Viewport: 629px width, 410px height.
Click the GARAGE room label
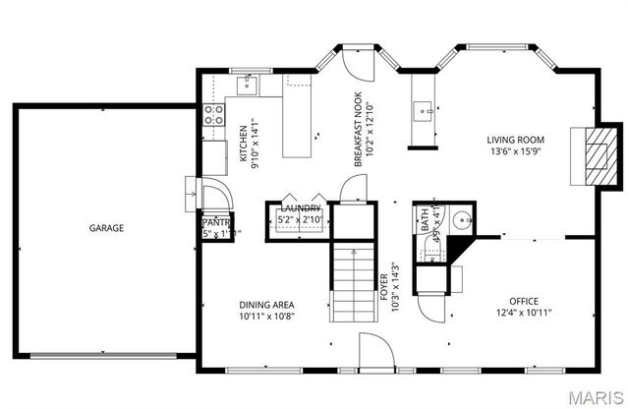(x=106, y=228)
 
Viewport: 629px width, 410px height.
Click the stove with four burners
(x=212, y=115)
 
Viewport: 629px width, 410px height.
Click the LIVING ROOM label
(x=516, y=140)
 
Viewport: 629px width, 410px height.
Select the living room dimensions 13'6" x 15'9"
(x=516, y=152)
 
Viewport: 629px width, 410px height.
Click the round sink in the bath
(x=461, y=219)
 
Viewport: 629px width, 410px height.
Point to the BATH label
(x=427, y=218)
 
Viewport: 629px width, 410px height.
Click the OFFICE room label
(x=524, y=301)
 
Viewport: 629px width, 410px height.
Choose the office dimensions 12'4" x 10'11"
(x=524, y=314)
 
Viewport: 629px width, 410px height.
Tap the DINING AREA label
(x=266, y=305)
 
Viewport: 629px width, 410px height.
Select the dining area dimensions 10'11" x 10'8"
(x=266, y=317)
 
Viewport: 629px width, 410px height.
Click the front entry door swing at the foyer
(x=375, y=349)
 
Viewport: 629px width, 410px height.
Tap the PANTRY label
(x=216, y=223)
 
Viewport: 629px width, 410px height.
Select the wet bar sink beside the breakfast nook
(x=424, y=111)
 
